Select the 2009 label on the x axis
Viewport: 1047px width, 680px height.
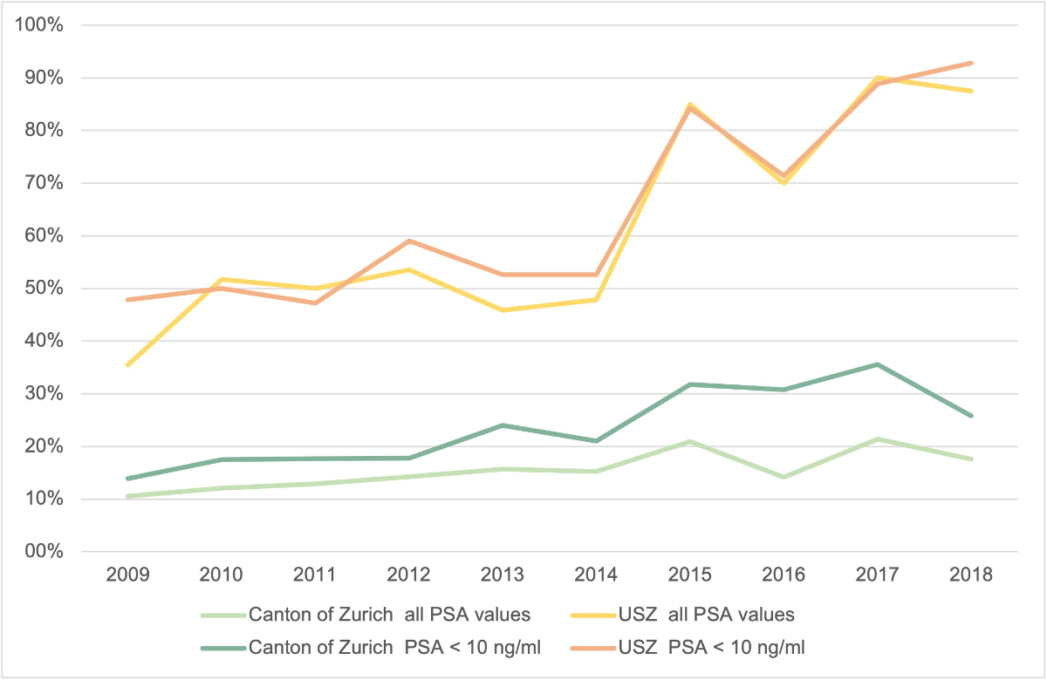pyautogui.click(x=128, y=575)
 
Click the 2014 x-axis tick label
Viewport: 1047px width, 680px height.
pyautogui.click(x=597, y=575)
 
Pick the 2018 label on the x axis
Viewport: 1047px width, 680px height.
pyautogui.click(x=971, y=575)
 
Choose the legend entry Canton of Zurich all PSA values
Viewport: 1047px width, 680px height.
pyautogui.click(x=389, y=615)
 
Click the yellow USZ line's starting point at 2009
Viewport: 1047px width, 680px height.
pyautogui.click(x=128, y=364)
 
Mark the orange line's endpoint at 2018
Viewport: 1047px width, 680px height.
pyautogui.click(x=971, y=63)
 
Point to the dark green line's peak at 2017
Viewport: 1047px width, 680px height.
pyautogui.click(x=878, y=364)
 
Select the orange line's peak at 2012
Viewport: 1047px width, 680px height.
pyautogui.click(x=409, y=241)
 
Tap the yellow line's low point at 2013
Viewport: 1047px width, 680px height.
pyautogui.click(x=503, y=310)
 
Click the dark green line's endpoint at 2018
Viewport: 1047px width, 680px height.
pyautogui.click(x=971, y=416)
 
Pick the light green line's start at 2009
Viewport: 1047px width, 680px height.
pyautogui.click(x=128, y=496)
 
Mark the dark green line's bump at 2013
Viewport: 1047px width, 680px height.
pyautogui.click(x=503, y=425)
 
